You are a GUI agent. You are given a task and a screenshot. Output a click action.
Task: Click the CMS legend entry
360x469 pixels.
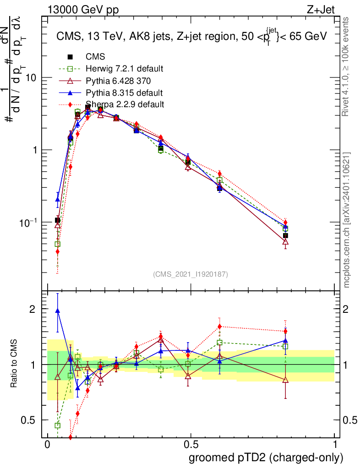(x=95, y=57)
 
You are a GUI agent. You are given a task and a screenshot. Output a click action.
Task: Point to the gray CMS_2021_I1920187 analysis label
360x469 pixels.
(x=191, y=274)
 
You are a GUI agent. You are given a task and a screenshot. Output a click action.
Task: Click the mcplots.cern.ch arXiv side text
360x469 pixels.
(x=347, y=220)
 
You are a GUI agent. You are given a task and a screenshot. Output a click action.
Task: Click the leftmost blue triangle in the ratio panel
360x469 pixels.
(x=57, y=311)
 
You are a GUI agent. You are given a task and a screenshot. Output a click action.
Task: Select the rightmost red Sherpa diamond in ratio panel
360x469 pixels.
(x=285, y=331)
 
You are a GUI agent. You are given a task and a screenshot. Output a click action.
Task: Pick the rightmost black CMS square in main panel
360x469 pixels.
(x=285, y=235)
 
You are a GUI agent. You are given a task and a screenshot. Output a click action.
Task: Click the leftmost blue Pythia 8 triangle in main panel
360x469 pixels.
(x=57, y=199)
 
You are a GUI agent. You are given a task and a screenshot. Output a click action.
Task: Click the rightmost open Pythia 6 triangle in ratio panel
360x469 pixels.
(x=285, y=380)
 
